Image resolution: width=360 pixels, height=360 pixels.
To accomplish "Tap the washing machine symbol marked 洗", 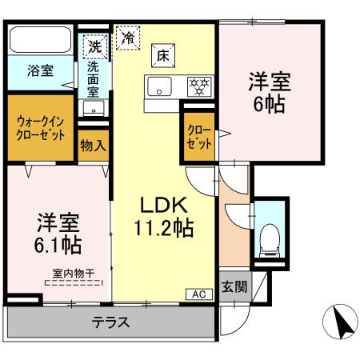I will point(95,46).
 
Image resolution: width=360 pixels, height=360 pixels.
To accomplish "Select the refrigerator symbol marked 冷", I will point(126,37).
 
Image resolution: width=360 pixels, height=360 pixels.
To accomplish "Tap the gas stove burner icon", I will point(197,86).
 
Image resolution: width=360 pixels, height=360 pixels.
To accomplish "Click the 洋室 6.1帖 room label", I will point(57,231).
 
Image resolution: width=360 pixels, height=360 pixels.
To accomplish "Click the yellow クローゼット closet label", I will point(199,137).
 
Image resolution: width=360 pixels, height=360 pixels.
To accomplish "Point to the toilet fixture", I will point(267,238).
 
